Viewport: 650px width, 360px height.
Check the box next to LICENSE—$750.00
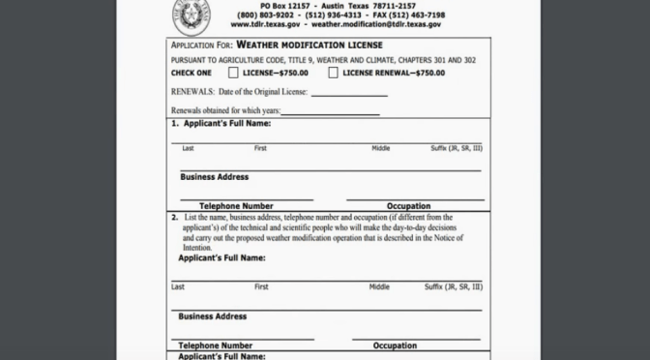233,73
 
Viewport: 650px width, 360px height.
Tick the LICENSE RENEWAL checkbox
333,73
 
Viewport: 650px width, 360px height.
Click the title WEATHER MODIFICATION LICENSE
314,45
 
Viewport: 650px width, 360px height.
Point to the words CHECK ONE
192,73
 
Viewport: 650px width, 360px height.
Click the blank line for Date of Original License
349,94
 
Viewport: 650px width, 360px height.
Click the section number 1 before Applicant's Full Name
174,125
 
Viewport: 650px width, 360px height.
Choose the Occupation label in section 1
408,206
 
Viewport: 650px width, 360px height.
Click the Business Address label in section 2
213,316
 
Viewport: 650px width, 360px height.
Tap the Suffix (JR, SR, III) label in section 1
456,148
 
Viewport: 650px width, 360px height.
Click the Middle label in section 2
379,287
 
